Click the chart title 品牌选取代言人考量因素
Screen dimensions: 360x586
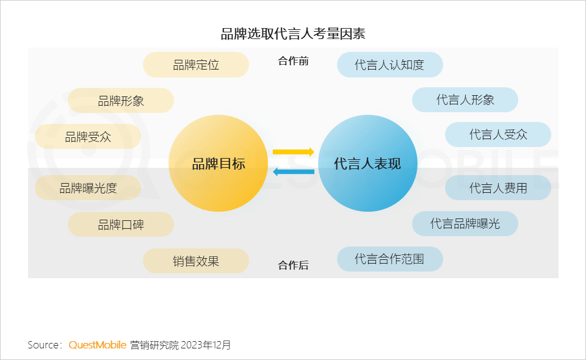point(293,33)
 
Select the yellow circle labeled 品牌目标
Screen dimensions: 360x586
point(218,164)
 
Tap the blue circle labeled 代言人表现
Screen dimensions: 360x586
point(367,164)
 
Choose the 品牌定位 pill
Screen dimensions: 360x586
point(196,65)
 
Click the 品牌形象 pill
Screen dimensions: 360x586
point(121,101)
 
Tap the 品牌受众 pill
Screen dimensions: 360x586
point(88,137)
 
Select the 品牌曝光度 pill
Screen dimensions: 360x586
point(88,188)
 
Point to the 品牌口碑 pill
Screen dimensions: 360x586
point(121,224)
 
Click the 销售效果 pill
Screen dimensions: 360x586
point(196,261)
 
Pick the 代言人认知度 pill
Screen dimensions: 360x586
point(389,65)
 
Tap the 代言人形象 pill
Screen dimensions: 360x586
point(465,100)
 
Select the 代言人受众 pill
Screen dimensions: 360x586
point(498,134)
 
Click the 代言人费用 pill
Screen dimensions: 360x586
point(498,188)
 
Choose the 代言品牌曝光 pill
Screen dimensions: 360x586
point(465,223)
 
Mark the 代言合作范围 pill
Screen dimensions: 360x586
point(389,259)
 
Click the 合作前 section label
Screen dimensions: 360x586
point(293,61)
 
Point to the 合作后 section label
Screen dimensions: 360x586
point(293,265)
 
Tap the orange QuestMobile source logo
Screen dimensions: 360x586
point(98,345)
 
